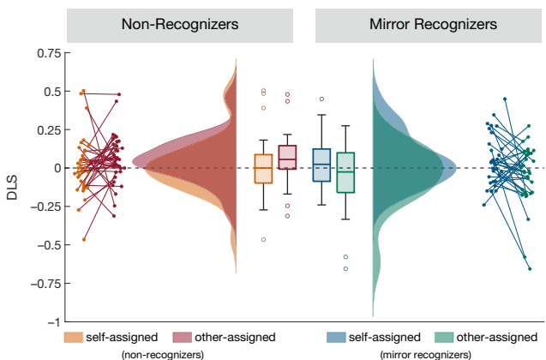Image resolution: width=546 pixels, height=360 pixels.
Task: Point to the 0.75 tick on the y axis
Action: click(x=48, y=53)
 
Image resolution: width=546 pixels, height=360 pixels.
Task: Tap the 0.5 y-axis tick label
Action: click(x=51, y=92)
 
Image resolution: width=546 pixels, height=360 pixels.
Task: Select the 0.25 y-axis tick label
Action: click(x=48, y=129)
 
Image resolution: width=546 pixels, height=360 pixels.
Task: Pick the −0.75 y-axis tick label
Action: click(x=46, y=284)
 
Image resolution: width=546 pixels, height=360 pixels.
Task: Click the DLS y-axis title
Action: click(x=12, y=186)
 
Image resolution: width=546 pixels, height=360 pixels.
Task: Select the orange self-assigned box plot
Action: click(x=263, y=168)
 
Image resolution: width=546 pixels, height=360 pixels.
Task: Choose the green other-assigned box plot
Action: click(x=345, y=172)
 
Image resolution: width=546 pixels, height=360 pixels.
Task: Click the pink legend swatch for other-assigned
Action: click(x=182, y=337)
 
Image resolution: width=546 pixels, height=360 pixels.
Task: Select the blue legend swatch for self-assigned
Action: click(x=339, y=337)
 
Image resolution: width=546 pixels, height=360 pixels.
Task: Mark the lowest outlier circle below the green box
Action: click(x=345, y=268)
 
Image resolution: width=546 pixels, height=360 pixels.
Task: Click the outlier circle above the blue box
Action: click(x=321, y=99)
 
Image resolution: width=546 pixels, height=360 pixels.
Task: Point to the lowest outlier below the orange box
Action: click(x=263, y=239)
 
